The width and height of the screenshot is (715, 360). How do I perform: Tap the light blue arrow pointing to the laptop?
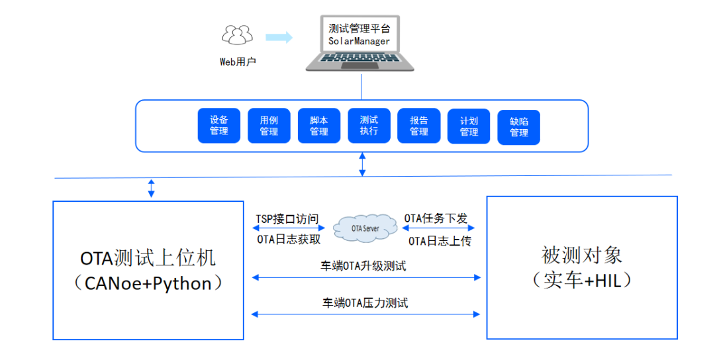point(279,38)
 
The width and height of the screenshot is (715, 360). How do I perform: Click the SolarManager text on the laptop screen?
point(359,41)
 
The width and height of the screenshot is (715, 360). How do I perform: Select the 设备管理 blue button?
point(219,126)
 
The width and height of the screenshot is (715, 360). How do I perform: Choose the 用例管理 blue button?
point(269,126)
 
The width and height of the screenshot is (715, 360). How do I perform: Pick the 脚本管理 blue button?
point(319,126)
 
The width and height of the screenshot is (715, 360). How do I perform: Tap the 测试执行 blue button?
point(369,126)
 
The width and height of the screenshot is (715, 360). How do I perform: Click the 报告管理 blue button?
point(419,126)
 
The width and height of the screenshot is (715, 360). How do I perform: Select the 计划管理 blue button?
point(469,126)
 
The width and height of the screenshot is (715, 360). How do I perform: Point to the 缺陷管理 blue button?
point(519,127)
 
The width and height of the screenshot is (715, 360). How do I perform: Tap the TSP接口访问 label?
point(287,218)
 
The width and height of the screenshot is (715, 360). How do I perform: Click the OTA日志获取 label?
point(289,240)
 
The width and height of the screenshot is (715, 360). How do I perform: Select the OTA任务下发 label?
point(436,218)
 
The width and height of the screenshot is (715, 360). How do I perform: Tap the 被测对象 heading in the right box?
point(581,255)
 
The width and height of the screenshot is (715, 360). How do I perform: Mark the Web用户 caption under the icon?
point(238,62)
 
